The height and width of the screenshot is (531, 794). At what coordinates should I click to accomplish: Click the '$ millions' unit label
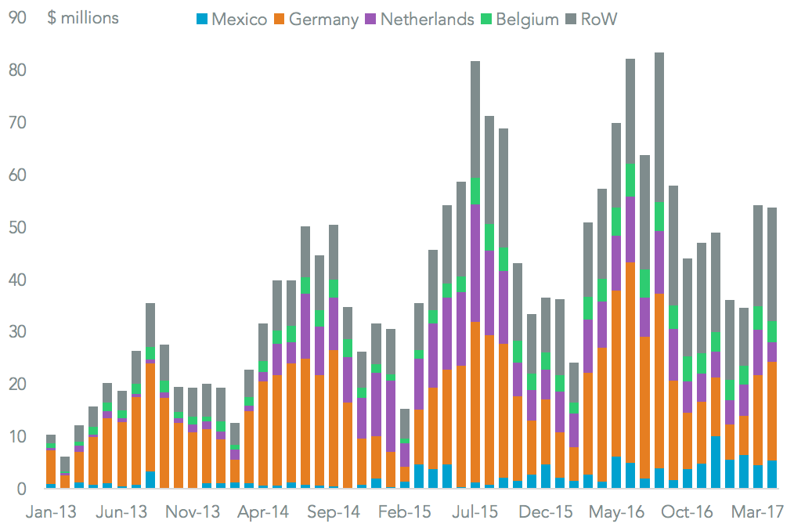click(83, 18)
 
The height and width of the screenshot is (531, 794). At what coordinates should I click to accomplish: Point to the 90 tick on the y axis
click(18, 18)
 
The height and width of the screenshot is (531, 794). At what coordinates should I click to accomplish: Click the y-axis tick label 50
click(18, 227)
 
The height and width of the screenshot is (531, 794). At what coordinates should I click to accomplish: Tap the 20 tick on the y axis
click(18, 384)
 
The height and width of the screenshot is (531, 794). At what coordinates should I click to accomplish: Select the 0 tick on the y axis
click(23, 489)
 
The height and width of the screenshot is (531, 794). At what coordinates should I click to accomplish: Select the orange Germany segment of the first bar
click(51, 467)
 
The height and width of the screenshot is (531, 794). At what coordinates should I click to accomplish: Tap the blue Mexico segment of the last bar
click(773, 474)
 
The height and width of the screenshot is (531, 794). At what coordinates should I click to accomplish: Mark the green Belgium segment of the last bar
click(773, 331)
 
